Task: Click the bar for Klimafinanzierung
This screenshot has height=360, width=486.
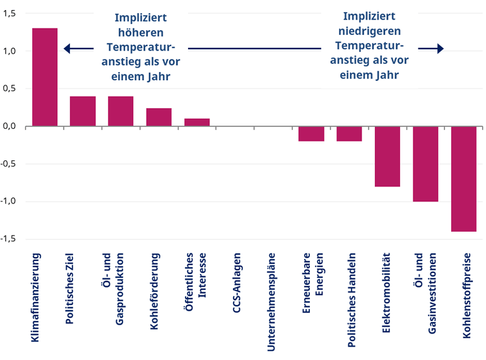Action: [x=45, y=77]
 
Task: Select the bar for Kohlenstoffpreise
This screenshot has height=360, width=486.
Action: [x=463, y=179]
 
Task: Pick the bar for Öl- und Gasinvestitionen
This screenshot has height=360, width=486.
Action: [x=425, y=164]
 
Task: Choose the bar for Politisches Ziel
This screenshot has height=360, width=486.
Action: [x=83, y=111]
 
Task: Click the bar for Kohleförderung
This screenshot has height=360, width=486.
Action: [x=159, y=117]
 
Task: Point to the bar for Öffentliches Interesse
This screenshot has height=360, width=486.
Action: [x=197, y=123]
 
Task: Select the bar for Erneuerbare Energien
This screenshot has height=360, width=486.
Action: [x=311, y=134]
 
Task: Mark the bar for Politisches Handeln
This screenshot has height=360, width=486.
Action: [x=349, y=134]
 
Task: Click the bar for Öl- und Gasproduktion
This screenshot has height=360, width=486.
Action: [x=121, y=111]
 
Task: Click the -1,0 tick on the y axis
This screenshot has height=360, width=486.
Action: [x=10, y=201]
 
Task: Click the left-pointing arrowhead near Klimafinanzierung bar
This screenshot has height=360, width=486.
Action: [x=68, y=49]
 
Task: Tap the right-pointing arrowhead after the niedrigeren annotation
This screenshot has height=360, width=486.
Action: [x=440, y=49]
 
